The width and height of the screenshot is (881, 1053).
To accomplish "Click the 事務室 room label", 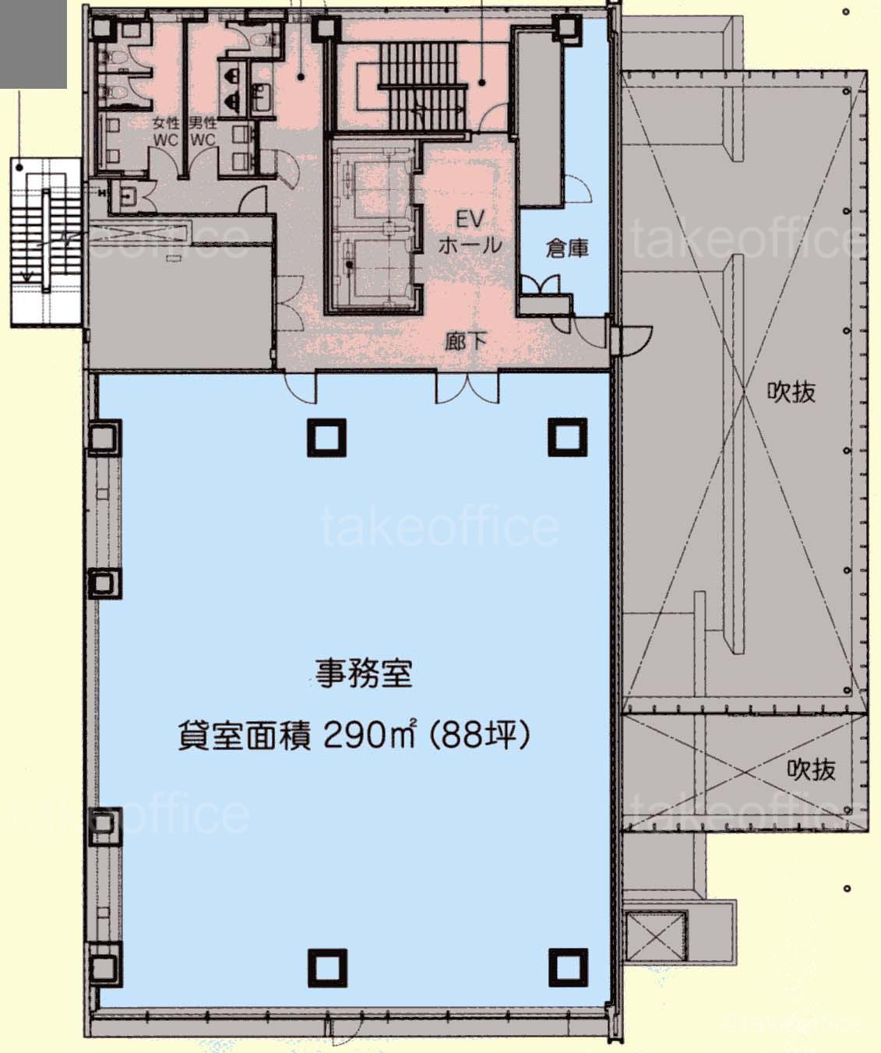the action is point(364,674).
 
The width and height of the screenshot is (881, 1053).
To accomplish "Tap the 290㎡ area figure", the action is point(368,736).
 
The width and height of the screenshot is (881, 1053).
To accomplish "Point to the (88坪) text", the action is point(480,736).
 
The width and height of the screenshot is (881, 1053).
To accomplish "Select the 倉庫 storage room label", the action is point(567,248).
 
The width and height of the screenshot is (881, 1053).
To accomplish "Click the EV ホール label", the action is point(470,233).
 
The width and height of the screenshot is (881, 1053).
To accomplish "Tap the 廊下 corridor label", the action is point(466,341).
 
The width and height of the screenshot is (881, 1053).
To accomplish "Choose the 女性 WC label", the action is point(166,132).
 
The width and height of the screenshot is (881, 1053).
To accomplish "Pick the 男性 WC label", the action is point(203,132).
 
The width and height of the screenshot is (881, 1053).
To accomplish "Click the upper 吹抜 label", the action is point(791,392).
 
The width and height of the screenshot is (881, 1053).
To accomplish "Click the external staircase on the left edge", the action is point(47,242).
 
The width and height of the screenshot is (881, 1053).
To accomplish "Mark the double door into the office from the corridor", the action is point(467,387).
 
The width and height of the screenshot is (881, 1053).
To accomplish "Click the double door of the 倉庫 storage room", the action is point(541,284).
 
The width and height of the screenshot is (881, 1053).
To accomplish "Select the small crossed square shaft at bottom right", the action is point(656,936).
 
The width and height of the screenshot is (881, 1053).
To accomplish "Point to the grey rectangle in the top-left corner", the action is point(33,44).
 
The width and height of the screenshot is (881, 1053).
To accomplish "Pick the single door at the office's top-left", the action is point(301,387).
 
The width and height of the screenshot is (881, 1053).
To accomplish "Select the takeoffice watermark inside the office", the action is point(440,526).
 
